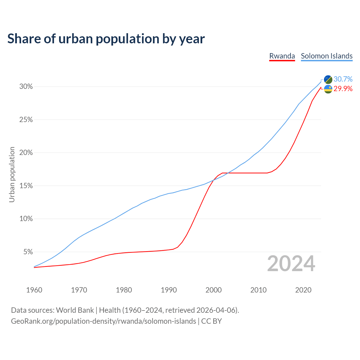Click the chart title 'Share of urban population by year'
pos(106,39)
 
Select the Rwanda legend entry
pos(282,56)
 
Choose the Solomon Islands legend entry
pos(327,56)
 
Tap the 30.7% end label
pos(343,79)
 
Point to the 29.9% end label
pos(343,89)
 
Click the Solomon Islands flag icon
pos(328,79)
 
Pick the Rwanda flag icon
pos(328,89)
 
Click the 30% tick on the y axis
pos(26,87)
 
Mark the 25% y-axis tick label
pos(26,120)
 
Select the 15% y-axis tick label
pos(26,186)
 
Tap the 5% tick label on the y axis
pos(28,252)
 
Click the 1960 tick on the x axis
pos(34,290)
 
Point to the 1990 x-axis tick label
pos(169,290)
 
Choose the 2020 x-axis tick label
pos(303,290)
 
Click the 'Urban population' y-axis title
pos(12,174)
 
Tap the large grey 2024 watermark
pos(291,264)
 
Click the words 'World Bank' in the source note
pos(75,310)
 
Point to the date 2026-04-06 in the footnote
pos(217,310)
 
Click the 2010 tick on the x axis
pos(258,290)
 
